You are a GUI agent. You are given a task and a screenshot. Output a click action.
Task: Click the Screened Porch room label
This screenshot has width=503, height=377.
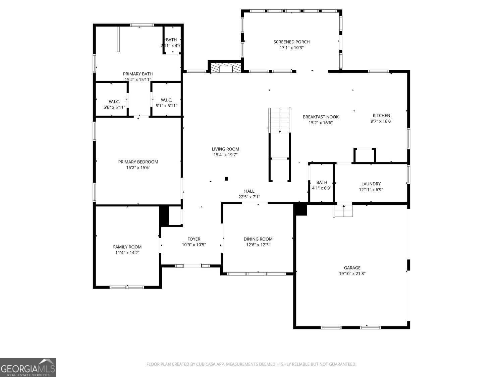tap(291, 42)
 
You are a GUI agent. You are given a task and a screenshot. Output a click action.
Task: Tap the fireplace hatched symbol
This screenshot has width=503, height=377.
tap(225, 68)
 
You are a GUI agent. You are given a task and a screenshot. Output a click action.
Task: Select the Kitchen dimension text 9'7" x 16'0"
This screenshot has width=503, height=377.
tap(381, 121)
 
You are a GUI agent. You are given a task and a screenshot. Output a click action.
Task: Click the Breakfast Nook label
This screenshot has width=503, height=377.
tap(321, 117)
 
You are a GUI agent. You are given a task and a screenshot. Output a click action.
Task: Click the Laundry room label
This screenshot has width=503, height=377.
tap(371, 184)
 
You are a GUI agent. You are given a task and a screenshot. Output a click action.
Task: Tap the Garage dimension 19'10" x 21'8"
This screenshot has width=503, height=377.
tap(352, 273)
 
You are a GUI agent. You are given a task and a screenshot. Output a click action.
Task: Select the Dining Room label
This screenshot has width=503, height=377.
tap(258, 239)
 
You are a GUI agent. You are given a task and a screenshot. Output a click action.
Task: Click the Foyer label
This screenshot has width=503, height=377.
tap(194, 239)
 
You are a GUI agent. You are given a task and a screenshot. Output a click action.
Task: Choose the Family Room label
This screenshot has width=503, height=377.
tap(127, 247)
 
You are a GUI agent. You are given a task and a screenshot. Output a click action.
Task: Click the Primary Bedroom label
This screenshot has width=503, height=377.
tap(138, 162)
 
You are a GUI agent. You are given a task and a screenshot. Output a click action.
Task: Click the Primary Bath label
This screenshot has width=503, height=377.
tap(137, 74)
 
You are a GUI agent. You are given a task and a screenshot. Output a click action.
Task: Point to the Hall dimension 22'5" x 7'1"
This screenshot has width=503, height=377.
tap(249, 197)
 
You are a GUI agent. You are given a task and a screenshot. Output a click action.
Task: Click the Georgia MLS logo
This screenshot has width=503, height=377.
tap(28, 368)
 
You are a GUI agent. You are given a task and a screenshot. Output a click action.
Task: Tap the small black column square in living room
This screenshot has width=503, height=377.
tap(226, 179)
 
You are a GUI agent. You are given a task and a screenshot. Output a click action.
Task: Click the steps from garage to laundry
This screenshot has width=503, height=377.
tap(343, 211)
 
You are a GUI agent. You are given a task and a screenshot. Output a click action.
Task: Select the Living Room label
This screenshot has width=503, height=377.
tap(225, 149)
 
